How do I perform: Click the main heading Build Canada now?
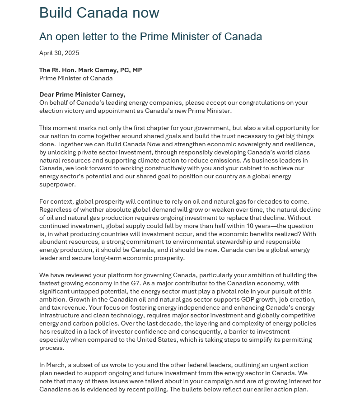(x=99, y=13)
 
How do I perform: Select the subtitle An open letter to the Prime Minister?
(x=150, y=37)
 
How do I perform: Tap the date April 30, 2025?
(x=59, y=53)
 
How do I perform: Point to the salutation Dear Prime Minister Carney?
(x=82, y=94)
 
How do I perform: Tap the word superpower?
(x=57, y=185)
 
